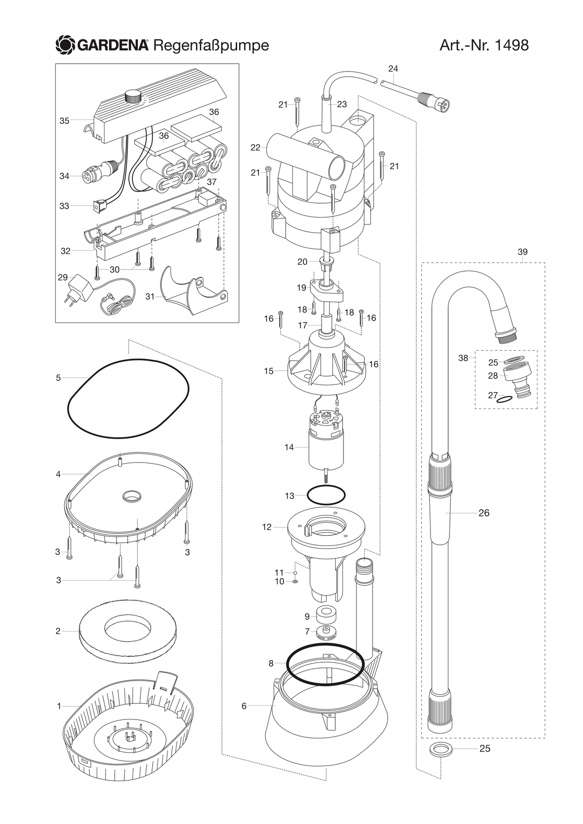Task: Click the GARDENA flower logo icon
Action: coord(65,45)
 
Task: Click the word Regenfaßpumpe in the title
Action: coord(211,46)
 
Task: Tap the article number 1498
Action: coord(512,45)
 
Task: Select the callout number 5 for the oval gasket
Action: coord(58,378)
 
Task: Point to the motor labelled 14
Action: coord(326,446)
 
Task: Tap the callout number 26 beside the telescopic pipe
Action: coord(484,513)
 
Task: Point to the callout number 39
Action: coord(522,252)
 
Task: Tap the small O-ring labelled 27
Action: coord(503,399)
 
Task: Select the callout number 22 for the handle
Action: coord(255,148)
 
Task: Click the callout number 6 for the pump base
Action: coord(244,706)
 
